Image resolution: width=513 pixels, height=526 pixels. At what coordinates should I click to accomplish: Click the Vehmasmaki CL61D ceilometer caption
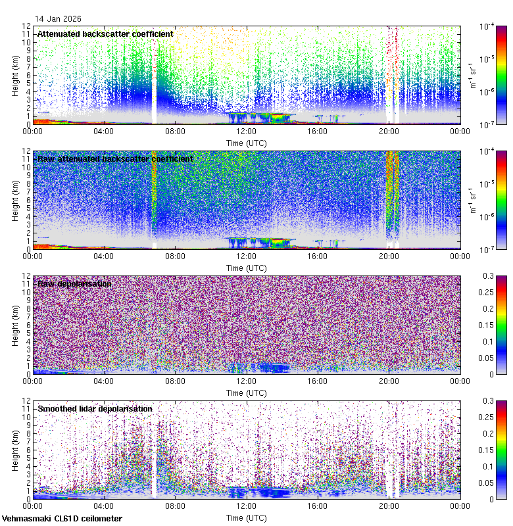[62, 519]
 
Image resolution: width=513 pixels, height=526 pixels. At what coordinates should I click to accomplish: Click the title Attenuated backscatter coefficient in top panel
[105, 34]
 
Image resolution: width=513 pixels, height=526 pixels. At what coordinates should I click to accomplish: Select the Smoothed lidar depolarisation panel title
[95, 408]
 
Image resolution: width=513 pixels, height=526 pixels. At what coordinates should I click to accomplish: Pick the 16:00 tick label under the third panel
[317, 382]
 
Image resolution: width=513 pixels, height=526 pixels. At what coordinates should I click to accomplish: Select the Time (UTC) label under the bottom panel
[246, 517]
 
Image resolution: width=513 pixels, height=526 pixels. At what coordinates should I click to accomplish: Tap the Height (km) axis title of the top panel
[15, 75]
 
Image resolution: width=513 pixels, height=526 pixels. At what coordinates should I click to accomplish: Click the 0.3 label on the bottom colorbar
[489, 401]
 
